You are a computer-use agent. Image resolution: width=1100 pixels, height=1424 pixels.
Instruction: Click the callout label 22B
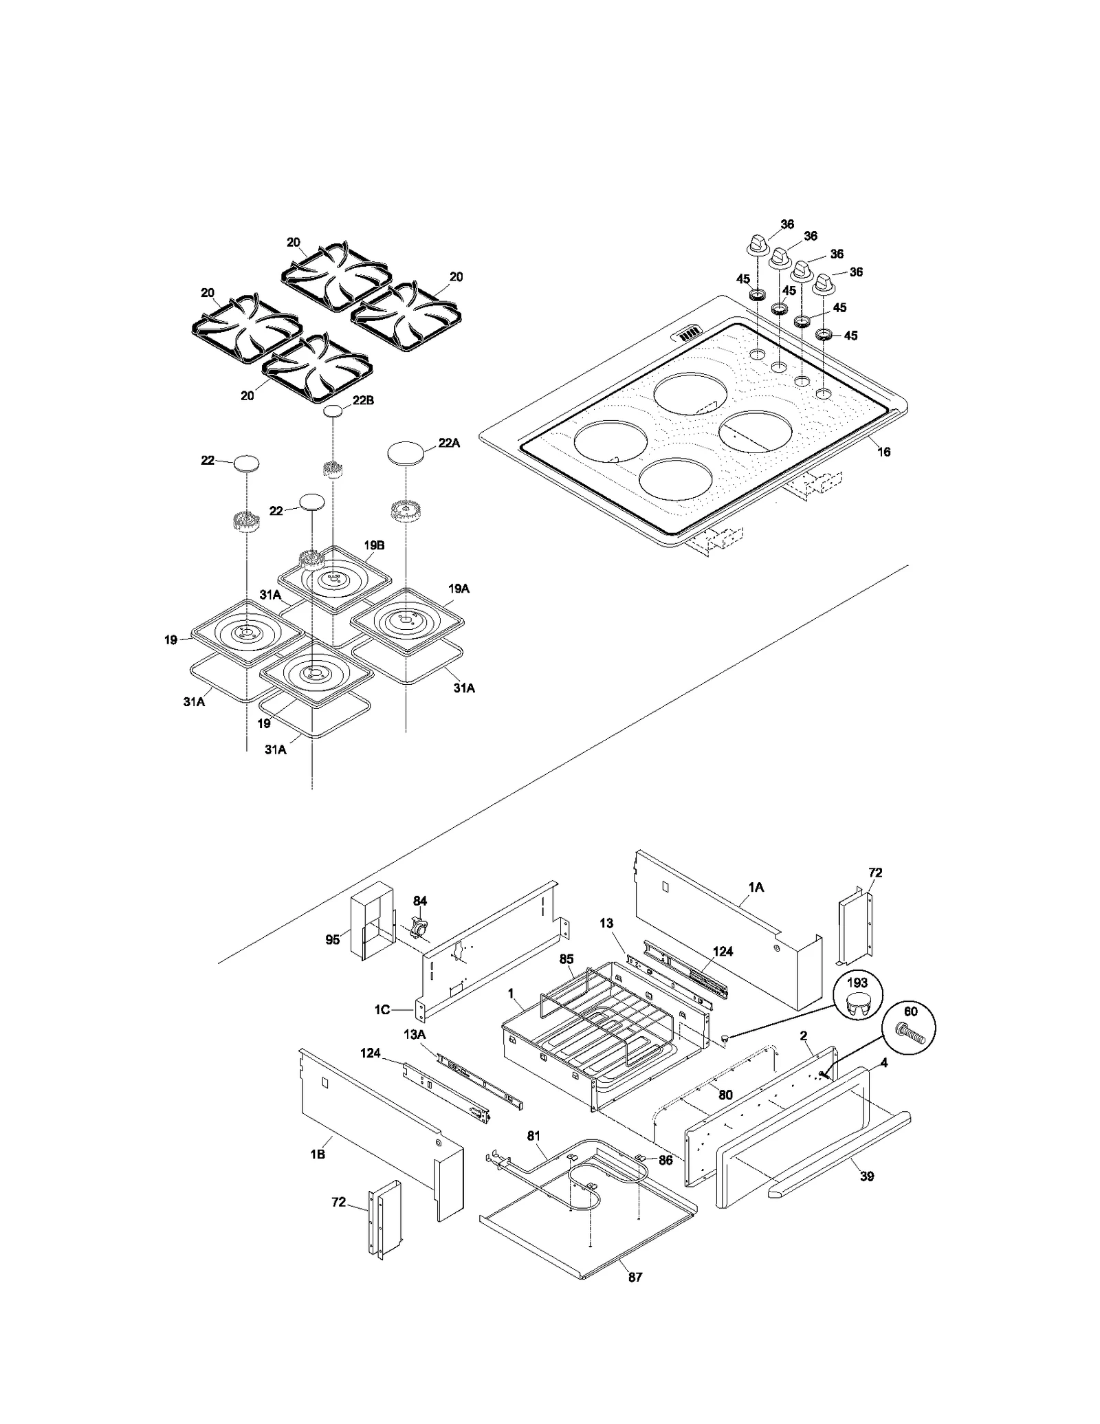pyautogui.click(x=363, y=400)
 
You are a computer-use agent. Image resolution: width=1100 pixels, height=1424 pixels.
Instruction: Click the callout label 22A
pyautogui.click(x=449, y=443)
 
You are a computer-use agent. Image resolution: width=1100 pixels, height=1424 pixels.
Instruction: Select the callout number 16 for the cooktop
pyautogui.click(x=884, y=452)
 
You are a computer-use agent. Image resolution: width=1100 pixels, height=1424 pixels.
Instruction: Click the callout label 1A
pyautogui.click(x=756, y=887)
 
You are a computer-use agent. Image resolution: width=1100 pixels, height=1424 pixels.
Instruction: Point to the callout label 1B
pyautogui.click(x=317, y=1154)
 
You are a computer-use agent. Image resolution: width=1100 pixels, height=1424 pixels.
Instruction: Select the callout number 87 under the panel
pyautogui.click(x=635, y=1277)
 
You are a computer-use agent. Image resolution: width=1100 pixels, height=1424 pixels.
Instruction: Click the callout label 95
pyautogui.click(x=333, y=939)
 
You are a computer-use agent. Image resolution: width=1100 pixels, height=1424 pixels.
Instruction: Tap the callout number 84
pyautogui.click(x=420, y=901)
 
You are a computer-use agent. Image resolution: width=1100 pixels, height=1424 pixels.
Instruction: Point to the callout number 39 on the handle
pyautogui.click(x=867, y=1176)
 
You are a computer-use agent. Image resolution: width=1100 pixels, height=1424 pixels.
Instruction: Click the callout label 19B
pyautogui.click(x=374, y=545)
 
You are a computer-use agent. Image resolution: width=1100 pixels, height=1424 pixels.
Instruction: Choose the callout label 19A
pyautogui.click(x=459, y=589)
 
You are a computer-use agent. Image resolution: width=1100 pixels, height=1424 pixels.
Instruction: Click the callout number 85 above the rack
pyautogui.click(x=566, y=959)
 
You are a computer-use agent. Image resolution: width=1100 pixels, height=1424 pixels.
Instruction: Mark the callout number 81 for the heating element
pyautogui.click(x=534, y=1136)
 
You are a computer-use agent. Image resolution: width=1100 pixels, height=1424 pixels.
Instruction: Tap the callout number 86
pyautogui.click(x=665, y=1160)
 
